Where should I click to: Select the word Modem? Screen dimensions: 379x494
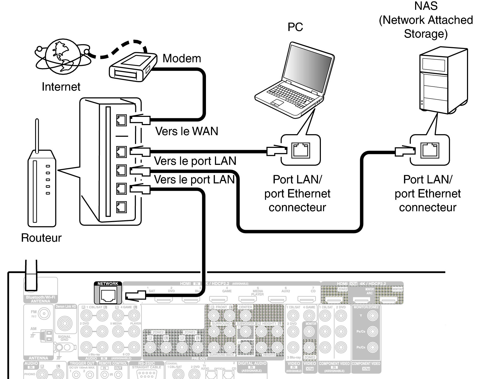tap(182, 59)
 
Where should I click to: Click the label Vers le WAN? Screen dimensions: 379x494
tap(187, 131)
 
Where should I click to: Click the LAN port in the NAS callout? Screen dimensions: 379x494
tap(430, 150)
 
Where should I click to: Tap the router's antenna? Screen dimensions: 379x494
tap(37, 135)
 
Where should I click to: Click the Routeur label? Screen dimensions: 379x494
tap(41, 238)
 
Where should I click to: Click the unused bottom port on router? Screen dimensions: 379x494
tap(121, 207)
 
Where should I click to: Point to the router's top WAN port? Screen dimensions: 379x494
tap(121, 120)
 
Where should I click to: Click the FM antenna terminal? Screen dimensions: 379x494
tap(44, 314)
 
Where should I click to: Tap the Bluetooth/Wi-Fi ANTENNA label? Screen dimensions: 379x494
tap(41, 299)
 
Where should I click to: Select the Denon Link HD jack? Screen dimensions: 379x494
tap(65, 323)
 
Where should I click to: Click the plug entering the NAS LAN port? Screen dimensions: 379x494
tap(404, 151)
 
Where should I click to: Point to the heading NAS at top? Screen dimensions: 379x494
tap(426, 6)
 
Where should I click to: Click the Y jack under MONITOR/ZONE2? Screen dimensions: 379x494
tap(373, 315)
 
